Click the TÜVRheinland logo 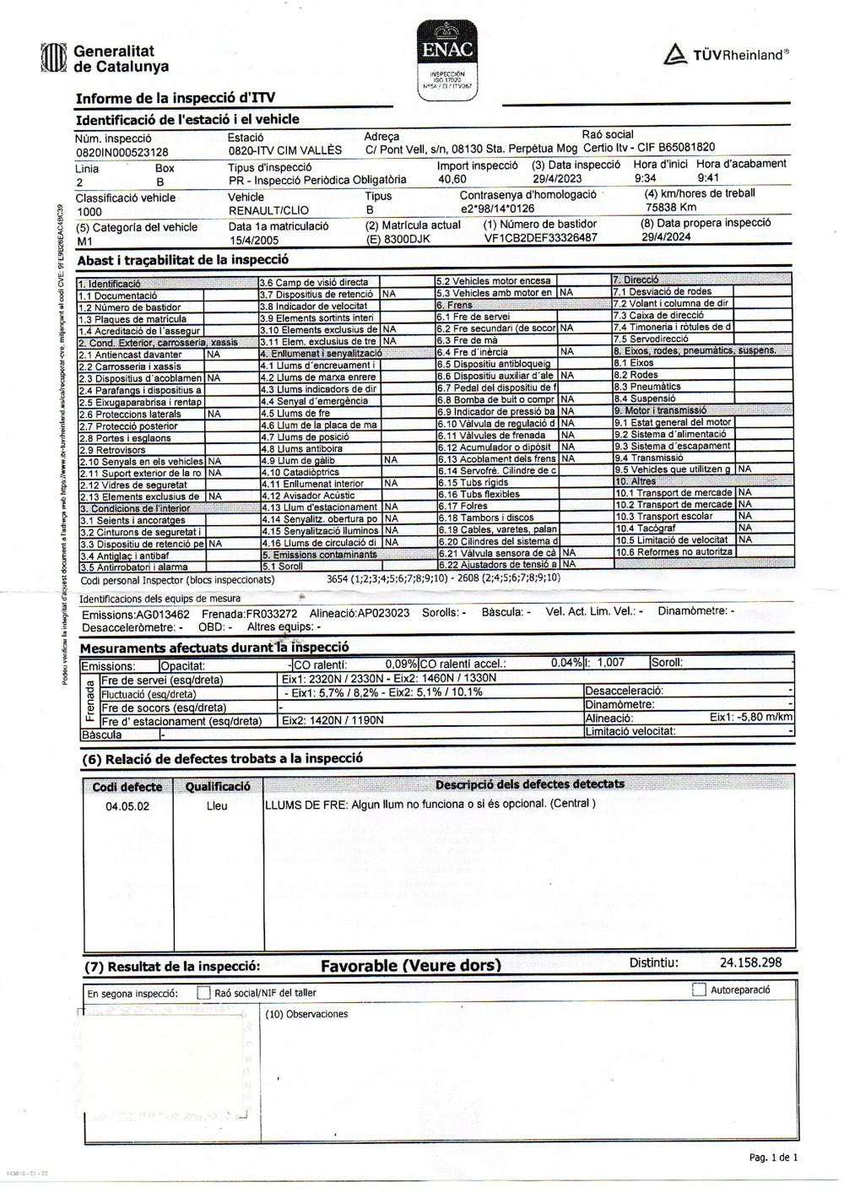(726, 55)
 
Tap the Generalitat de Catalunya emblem (53, 58)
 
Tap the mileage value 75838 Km (671, 207)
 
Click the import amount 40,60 (452, 180)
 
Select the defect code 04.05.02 (127, 806)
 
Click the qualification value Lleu (217, 806)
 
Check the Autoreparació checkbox (699, 990)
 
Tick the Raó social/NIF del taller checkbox (203, 993)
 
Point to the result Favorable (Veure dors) (410, 965)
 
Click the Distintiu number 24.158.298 (750, 963)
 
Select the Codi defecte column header (127, 787)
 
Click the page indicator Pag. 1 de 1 (772, 1158)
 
